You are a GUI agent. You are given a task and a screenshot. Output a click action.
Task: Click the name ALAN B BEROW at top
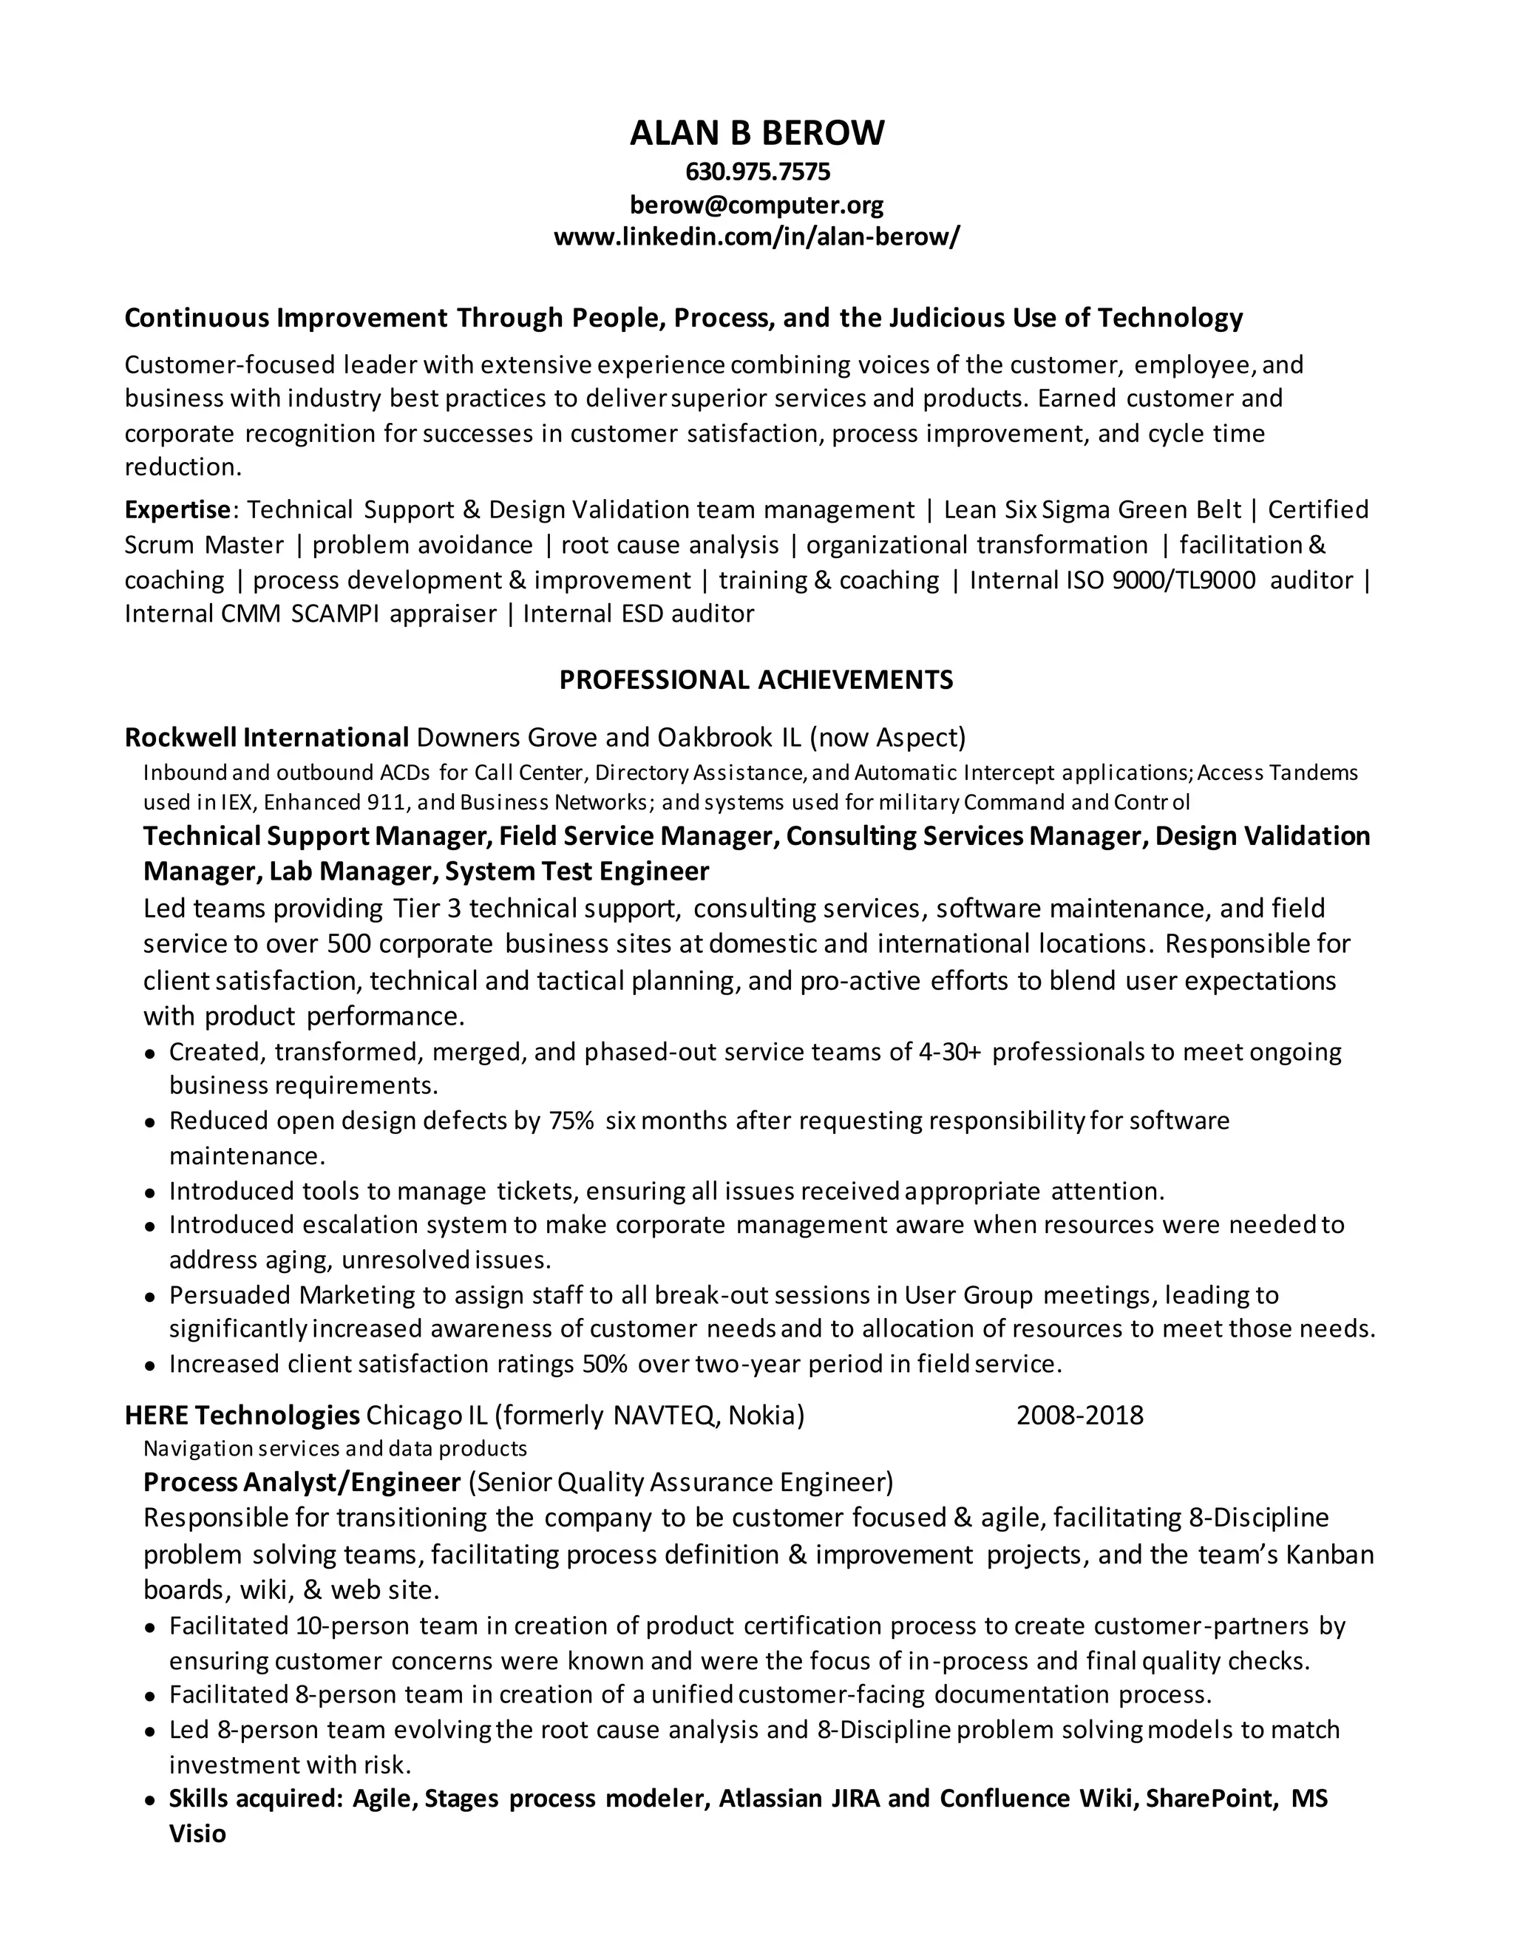[x=756, y=133]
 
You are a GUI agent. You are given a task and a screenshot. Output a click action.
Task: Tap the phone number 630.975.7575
[x=757, y=172]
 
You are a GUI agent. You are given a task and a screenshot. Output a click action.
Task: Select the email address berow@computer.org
[x=756, y=206]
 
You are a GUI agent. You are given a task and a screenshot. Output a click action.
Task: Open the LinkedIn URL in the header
[x=756, y=238]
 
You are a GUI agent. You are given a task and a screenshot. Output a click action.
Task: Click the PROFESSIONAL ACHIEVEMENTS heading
[x=756, y=679]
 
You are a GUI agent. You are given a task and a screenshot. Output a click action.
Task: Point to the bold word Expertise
[x=177, y=509]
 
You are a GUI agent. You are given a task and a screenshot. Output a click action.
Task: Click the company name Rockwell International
[x=266, y=737]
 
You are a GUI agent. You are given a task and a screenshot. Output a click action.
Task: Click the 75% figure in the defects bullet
[x=571, y=1120]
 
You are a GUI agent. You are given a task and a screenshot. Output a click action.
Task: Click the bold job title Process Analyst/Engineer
[x=302, y=1481]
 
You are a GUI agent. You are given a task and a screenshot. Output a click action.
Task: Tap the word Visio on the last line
[x=197, y=1833]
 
